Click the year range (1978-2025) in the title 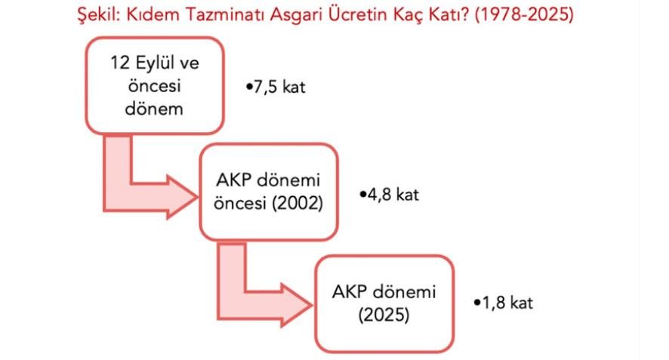(x=524, y=15)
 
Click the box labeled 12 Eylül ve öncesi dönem (x=155, y=86)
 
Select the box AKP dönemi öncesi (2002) (x=269, y=192)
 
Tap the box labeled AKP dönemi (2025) (x=384, y=303)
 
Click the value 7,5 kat (x=276, y=87)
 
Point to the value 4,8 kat (x=390, y=195)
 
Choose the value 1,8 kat (x=504, y=303)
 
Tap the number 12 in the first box (x=120, y=63)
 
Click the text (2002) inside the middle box (x=298, y=203)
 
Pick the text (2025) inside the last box (x=384, y=315)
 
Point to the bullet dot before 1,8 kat (x=477, y=303)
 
